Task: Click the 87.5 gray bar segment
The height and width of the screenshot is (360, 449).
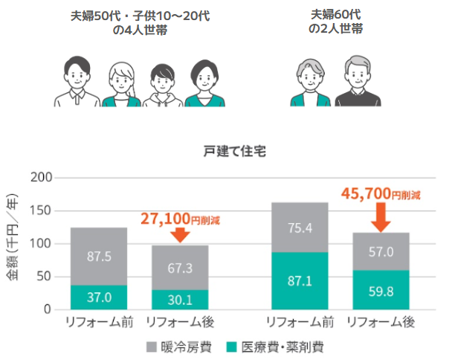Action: tap(99, 256)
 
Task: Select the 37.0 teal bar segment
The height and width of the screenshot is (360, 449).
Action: tap(99, 297)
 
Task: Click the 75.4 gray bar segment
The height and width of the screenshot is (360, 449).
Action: tap(300, 228)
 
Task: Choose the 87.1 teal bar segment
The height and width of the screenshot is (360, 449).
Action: tap(300, 281)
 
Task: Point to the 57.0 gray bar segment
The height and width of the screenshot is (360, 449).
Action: tap(381, 251)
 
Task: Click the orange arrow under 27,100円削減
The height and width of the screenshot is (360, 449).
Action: tap(179, 235)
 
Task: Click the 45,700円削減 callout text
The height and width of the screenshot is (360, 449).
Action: tap(381, 194)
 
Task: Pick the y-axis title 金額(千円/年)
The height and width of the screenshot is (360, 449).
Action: tap(13, 242)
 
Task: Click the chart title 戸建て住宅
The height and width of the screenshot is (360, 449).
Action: tap(234, 151)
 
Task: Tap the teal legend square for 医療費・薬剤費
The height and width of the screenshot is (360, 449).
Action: tap(231, 347)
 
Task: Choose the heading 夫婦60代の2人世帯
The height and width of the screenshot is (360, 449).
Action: tap(335, 22)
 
